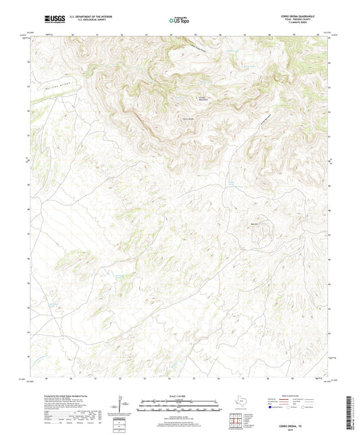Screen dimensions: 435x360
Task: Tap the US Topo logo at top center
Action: point(179,21)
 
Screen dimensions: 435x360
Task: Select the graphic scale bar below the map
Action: point(179,407)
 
